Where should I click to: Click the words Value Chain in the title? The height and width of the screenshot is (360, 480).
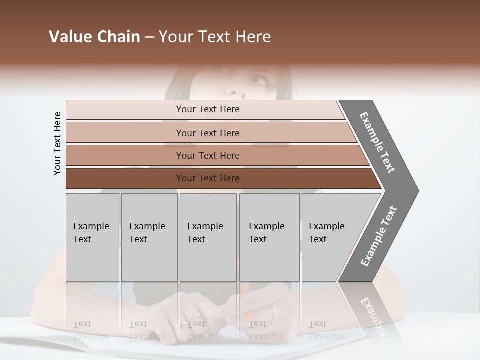point(94,37)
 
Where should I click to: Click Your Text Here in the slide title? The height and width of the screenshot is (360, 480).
point(215,37)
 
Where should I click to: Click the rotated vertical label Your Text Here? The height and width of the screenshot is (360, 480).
point(57,144)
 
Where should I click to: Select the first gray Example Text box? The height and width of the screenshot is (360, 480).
point(92,237)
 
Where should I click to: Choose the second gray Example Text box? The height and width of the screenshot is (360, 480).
point(149,237)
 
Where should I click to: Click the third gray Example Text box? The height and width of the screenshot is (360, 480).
point(208,237)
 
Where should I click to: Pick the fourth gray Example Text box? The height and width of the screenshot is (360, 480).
point(269,237)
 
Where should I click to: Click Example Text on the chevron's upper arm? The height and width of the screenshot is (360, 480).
point(377,142)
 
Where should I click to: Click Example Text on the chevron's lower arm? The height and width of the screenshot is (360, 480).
point(379,236)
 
